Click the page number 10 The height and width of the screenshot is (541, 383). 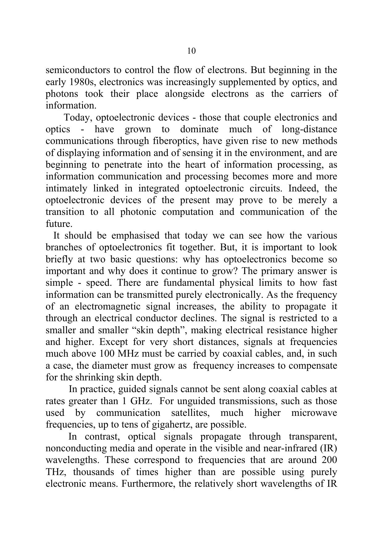point(191,51)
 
